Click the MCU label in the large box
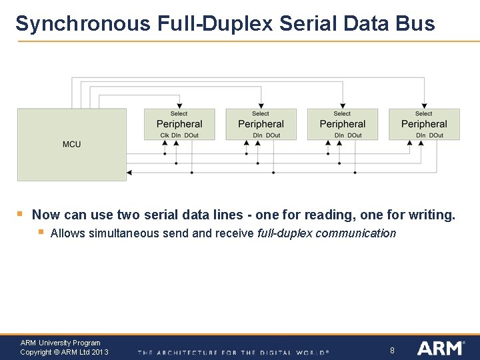click(x=71, y=144)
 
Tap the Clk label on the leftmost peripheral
click(x=164, y=135)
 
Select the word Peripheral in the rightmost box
click(x=424, y=124)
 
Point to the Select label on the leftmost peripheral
click(x=179, y=114)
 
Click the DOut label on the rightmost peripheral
click(x=437, y=135)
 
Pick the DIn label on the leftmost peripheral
click(x=176, y=135)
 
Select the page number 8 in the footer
click(x=393, y=350)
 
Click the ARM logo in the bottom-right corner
click(x=440, y=348)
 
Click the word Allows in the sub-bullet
click(x=67, y=233)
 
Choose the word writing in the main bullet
click(x=429, y=215)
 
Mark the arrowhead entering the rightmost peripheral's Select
click(x=424, y=105)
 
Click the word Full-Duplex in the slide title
click(x=215, y=24)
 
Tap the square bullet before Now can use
click(x=20, y=215)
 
